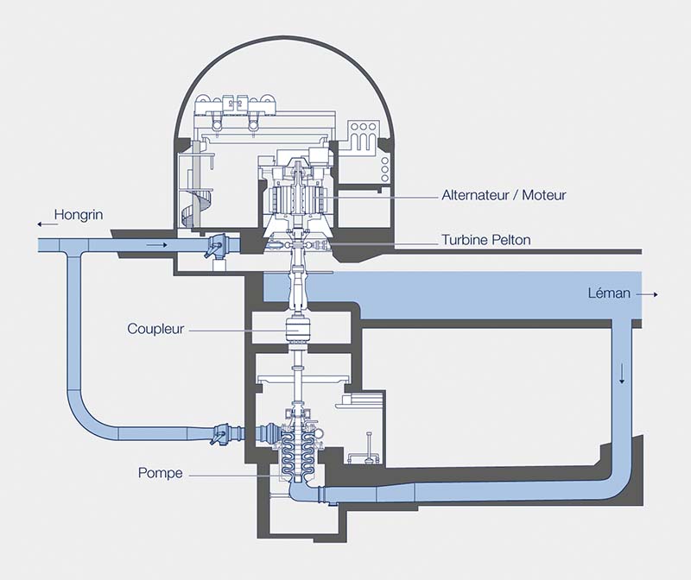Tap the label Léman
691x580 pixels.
coord(605,294)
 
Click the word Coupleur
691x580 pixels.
coord(156,329)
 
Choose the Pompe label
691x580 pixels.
coord(160,473)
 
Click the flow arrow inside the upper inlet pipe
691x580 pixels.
coord(155,245)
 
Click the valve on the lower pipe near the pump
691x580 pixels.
coord(221,431)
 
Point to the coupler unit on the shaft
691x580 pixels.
coord(298,329)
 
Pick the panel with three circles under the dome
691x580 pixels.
coord(361,129)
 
